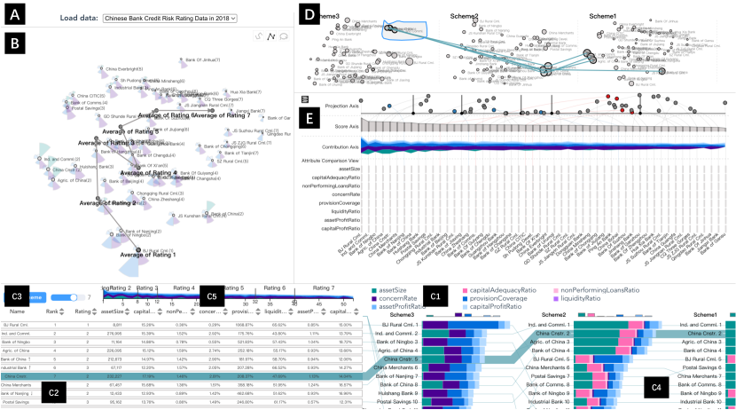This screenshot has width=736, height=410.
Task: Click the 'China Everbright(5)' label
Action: pyautogui.click(x=124, y=69)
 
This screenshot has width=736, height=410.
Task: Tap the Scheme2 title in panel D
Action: pyautogui.click(x=464, y=17)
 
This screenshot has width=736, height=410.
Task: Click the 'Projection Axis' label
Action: pyautogui.click(x=324, y=105)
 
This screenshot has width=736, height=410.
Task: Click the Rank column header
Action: pyautogui.click(x=52, y=311)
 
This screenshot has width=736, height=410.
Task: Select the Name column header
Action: pyautogui.click(x=17, y=311)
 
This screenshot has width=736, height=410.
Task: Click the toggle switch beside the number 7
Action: pyautogui.click(x=61, y=296)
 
